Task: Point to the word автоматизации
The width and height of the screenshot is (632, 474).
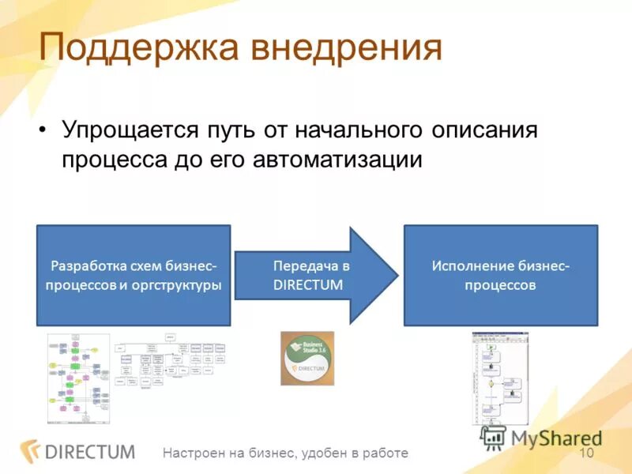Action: pyautogui.click(x=338, y=159)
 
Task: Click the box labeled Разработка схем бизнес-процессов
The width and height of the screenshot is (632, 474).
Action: pyautogui.click(x=134, y=276)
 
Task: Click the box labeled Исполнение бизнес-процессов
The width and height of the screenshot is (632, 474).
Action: pyautogui.click(x=501, y=276)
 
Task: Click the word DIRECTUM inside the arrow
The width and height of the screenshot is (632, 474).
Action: pyautogui.click(x=308, y=285)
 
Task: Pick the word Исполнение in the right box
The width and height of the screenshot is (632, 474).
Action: pyautogui.click(x=472, y=266)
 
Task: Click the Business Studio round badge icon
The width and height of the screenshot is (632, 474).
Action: pyautogui.click(x=307, y=358)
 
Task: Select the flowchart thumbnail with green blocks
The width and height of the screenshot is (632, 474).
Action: pyautogui.click(x=78, y=378)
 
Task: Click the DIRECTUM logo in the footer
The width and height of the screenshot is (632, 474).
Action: pyautogui.click(x=78, y=452)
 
